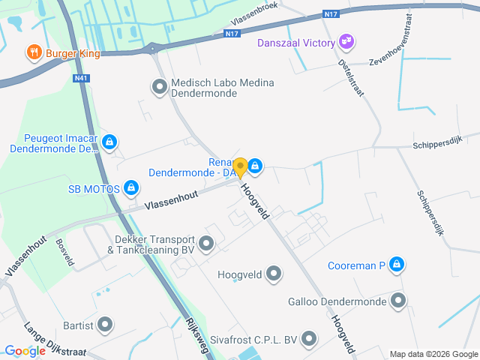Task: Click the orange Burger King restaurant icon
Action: coord(34,52)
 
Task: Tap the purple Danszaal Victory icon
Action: coord(346,40)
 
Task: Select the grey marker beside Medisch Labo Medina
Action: coord(159,88)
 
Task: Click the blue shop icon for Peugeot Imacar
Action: coord(109,141)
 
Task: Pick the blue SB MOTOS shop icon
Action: coord(131,187)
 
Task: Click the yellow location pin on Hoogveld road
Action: coord(240,166)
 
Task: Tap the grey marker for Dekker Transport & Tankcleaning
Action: coord(206,244)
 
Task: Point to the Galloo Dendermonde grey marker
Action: coord(398,301)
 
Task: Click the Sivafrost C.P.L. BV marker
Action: coord(308,339)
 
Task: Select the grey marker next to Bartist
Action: coord(106,325)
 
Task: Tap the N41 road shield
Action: coord(81,77)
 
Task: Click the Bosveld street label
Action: coord(64,253)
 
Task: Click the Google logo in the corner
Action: coord(25,350)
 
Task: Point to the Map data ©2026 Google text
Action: coord(433,354)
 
